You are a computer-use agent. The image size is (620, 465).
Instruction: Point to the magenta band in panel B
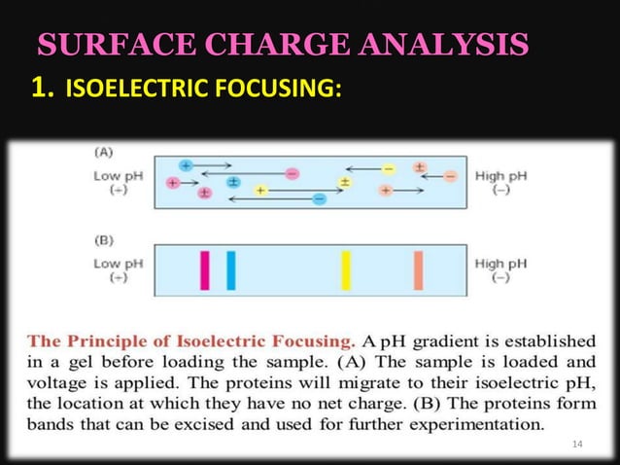click(x=205, y=269)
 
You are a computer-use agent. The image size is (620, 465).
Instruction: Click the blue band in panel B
click(x=230, y=269)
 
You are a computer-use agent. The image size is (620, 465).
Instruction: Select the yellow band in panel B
click(x=345, y=269)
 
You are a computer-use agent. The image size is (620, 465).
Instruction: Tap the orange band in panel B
click(x=418, y=269)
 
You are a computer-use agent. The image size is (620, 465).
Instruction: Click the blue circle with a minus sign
click(x=319, y=198)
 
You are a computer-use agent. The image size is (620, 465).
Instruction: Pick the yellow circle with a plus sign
click(x=260, y=190)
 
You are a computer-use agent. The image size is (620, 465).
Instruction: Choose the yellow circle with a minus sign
click(x=388, y=168)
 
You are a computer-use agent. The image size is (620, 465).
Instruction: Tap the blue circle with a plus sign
click(x=186, y=165)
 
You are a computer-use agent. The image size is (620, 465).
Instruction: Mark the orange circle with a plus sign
click(x=386, y=190)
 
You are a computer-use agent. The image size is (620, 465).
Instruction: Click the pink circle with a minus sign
click(x=292, y=174)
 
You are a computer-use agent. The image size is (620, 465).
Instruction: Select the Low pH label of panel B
click(x=118, y=263)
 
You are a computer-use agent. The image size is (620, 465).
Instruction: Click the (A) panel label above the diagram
click(x=103, y=152)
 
